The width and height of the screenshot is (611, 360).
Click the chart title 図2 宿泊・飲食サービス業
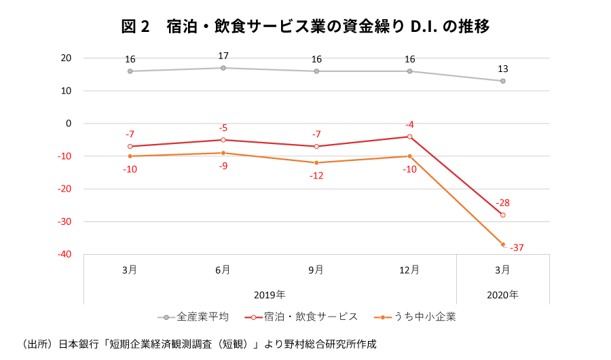point(305,26)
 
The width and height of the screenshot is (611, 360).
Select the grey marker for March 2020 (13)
point(503,81)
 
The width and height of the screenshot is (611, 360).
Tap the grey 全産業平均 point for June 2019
point(223,68)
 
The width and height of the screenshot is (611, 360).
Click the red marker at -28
point(503,215)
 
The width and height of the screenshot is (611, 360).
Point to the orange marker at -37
point(503,245)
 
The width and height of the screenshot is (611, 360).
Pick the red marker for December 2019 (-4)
point(410,137)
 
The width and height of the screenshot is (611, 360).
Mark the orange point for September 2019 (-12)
point(316,163)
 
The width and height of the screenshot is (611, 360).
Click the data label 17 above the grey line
point(223,56)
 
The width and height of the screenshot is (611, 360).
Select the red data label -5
point(223,128)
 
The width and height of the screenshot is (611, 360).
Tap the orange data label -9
point(223,166)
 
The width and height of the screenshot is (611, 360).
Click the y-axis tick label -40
point(64,255)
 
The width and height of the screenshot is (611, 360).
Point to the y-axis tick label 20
point(66,58)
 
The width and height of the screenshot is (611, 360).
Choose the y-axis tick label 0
point(69,124)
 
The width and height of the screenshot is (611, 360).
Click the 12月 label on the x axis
point(410,270)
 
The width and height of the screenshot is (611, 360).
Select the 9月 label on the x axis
point(316,270)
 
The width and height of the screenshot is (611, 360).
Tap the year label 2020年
point(503,295)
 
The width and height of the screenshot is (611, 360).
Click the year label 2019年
point(270,295)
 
